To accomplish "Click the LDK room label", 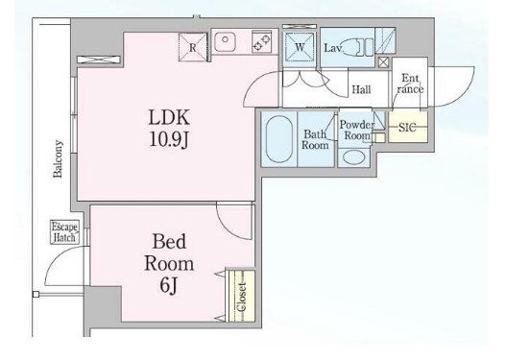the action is (169, 117).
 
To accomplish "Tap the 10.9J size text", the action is (169, 140).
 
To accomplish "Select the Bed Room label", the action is (169, 252).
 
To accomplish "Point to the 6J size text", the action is (168, 285).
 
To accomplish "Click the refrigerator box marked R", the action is (193, 47).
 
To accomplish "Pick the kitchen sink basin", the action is (225, 41).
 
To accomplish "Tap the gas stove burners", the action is (261, 42).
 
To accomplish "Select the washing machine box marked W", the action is (300, 47).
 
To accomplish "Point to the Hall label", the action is (361, 89).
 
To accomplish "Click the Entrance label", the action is (410, 84).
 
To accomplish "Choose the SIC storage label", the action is (407, 128).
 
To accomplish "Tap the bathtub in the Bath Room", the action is (279, 139).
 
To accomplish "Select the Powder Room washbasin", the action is (354, 157).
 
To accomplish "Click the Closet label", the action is (241, 297).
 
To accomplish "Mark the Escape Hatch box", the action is (65, 232).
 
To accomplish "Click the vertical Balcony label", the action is (58, 158).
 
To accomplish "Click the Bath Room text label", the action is (315, 139).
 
